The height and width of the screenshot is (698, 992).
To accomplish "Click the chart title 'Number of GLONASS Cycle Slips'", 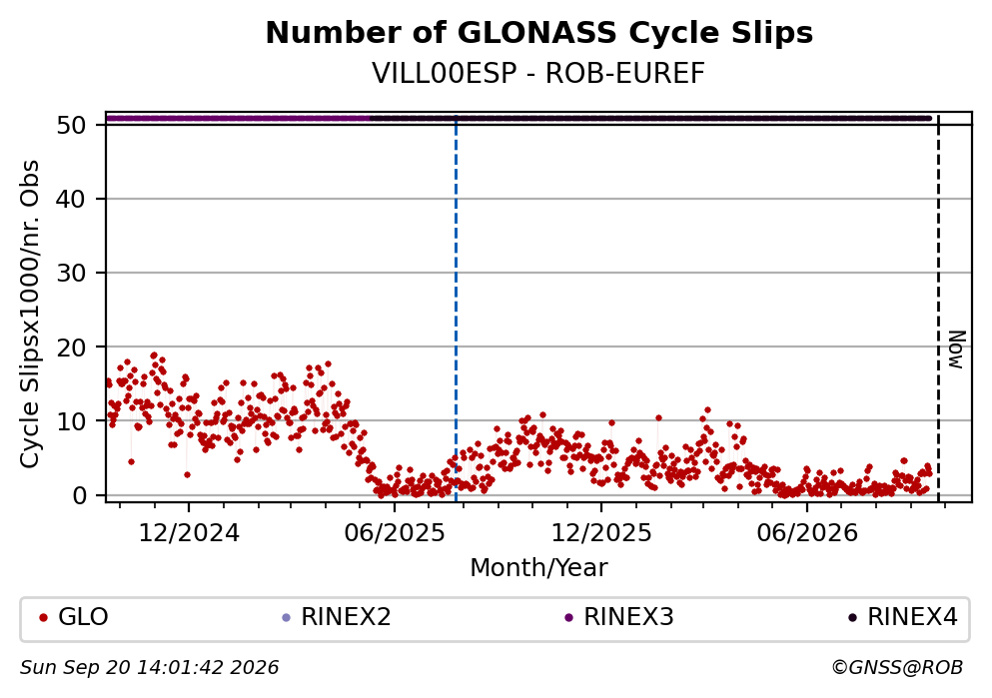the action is pos(539,33).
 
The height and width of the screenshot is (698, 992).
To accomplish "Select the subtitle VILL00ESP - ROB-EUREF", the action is pos(538,73).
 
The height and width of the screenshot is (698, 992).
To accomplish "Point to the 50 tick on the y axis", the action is pos(71,125).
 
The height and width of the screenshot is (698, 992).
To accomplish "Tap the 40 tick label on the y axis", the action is pos(71,199).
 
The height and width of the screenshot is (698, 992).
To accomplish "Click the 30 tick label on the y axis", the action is pos(71,274).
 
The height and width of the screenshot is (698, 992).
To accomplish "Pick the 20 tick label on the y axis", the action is pos(71,348).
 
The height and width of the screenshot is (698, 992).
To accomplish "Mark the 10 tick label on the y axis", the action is pos(71,421).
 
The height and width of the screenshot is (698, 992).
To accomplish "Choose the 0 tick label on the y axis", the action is pos(79,495).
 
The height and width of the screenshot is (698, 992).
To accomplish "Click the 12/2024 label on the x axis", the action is pos(189,533).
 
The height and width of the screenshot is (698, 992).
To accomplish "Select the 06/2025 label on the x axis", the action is pos(395,533).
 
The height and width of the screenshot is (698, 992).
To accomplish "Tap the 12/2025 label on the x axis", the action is pos(601,533).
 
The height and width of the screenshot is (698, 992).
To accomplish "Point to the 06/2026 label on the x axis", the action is pos(806,533).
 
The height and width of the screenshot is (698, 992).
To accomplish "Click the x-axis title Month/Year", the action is pos(538,568).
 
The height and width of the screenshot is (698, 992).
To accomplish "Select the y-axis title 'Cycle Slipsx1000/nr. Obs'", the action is pos(30,314).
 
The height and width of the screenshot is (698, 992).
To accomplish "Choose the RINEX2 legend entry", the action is pos(337,617).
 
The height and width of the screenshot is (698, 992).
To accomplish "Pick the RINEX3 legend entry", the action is pos(619,617).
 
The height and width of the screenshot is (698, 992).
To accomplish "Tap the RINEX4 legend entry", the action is pos(903,617).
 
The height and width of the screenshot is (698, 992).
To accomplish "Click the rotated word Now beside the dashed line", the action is pos(957,349).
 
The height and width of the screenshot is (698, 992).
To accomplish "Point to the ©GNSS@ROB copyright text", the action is pos(897,668).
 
